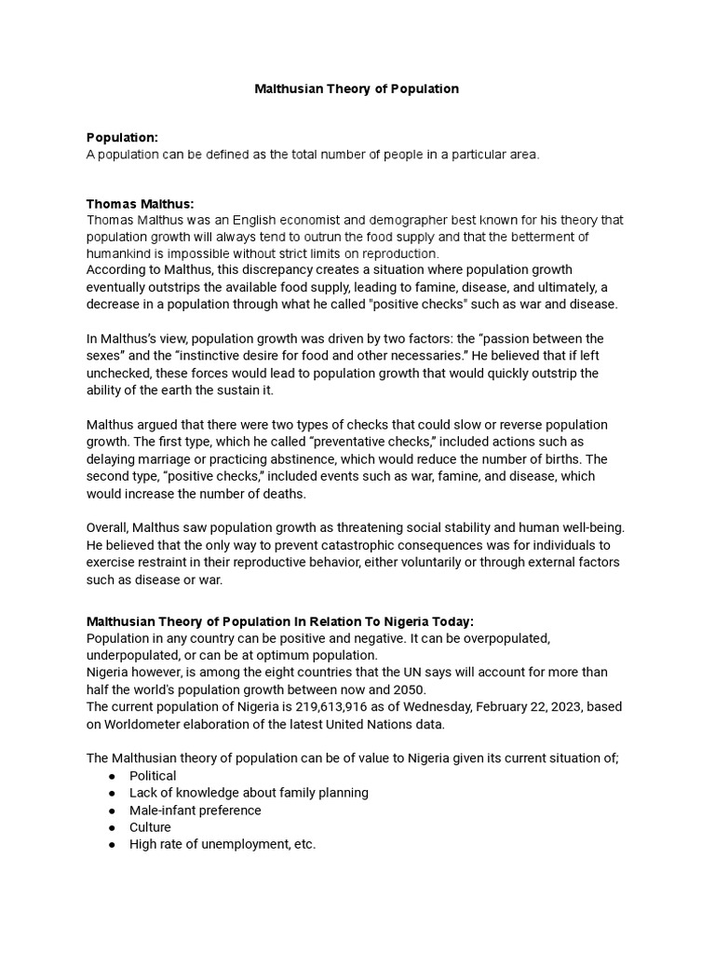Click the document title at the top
point(357,89)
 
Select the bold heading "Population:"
point(122,138)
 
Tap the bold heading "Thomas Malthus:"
point(140,203)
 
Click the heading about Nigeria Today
point(280,621)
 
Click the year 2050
point(404,689)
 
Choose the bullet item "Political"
point(153,775)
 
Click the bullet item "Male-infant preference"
point(196,810)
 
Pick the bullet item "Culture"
point(150,827)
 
